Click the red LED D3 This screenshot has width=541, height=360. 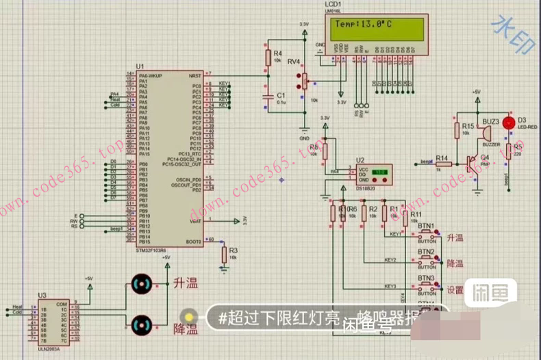(x=508, y=123)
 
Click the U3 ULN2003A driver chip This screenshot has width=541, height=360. (x=52, y=322)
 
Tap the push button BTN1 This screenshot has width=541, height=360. (x=426, y=235)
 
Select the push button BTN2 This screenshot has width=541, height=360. (x=426, y=260)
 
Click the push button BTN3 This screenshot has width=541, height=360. (x=426, y=286)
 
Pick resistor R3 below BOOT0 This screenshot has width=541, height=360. (x=224, y=255)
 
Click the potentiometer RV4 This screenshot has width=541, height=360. (x=302, y=81)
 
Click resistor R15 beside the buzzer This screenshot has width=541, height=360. (x=457, y=131)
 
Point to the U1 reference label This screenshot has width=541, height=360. (x=140, y=66)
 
